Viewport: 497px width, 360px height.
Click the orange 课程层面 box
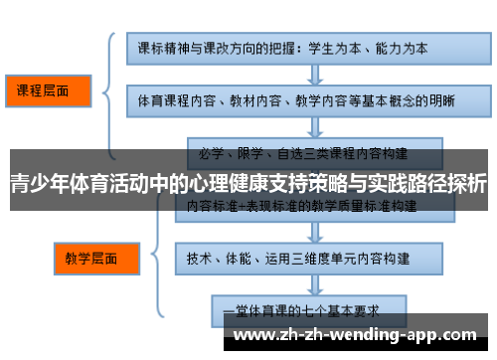click(x=47, y=90)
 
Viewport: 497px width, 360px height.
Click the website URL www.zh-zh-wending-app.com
click(x=359, y=332)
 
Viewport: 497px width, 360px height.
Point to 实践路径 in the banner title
click(x=403, y=184)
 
